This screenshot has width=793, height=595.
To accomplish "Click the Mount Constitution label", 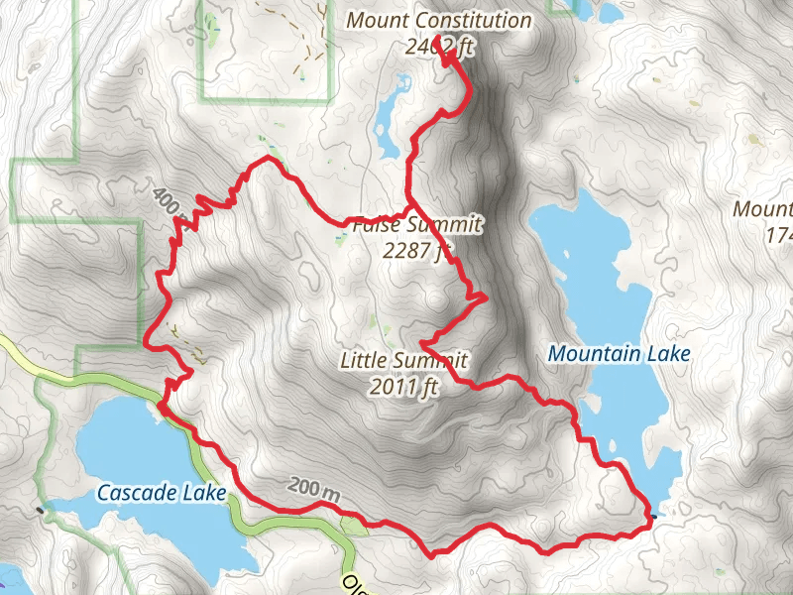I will pyautogui.click(x=438, y=21).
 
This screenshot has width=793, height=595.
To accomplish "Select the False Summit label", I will pyautogui.click(x=416, y=225).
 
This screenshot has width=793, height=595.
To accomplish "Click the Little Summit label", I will pyautogui.click(x=402, y=360).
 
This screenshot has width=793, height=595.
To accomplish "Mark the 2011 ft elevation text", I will pyautogui.click(x=402, y=387).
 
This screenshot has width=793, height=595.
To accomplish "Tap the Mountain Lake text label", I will pyautogui.click(x=619, y=353).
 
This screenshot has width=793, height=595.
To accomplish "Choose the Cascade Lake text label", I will pyautogui.click(x=162, y=492).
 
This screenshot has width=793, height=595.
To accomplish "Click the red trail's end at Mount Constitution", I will pyautogui.click(x=436, y=38).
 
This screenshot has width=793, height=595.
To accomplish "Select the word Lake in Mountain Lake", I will pyautogui.click(x=666, y=353).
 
